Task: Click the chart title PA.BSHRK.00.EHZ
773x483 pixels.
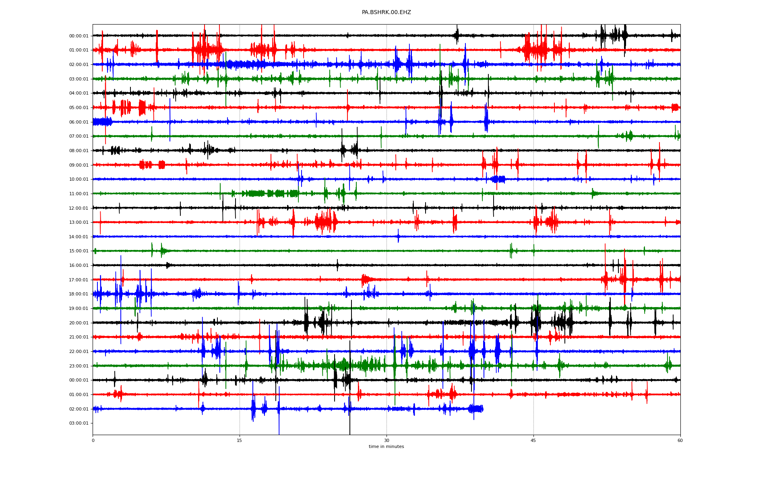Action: click(x=386, y=12)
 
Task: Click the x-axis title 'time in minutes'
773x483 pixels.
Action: click(x=386, y=447)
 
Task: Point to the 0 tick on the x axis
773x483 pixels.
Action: click(x=93, y=440)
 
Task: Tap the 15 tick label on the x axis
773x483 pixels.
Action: click(x=240, y=440)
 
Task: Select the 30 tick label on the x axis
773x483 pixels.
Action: click(x=386, y=440)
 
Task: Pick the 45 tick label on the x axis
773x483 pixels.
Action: click(x=533, y=440)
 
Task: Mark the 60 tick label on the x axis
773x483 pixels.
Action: click(x=680, y=440)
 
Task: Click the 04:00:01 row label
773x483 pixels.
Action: click(x=79, y=93)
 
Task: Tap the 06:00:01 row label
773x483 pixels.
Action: click(x=79, y=122)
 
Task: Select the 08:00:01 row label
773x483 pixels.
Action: click(x=79, y=151)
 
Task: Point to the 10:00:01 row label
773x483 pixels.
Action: click(x=79, y=180)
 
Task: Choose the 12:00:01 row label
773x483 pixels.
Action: click(x=79, y=208)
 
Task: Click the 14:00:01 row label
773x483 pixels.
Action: click(x=79, y=237)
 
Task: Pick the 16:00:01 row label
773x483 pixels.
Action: click(x=79, y=266)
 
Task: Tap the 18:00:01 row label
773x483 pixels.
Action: click(x=79, y=294)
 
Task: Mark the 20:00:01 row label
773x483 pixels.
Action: click(x=79, y=323)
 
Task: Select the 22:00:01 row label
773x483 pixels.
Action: click(x=79, y=352)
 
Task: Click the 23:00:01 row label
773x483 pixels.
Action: click(x=79, y=366)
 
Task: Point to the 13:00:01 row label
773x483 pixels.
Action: click(x=79, y=223)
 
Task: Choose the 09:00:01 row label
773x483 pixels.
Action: click(x=79, y=165)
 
